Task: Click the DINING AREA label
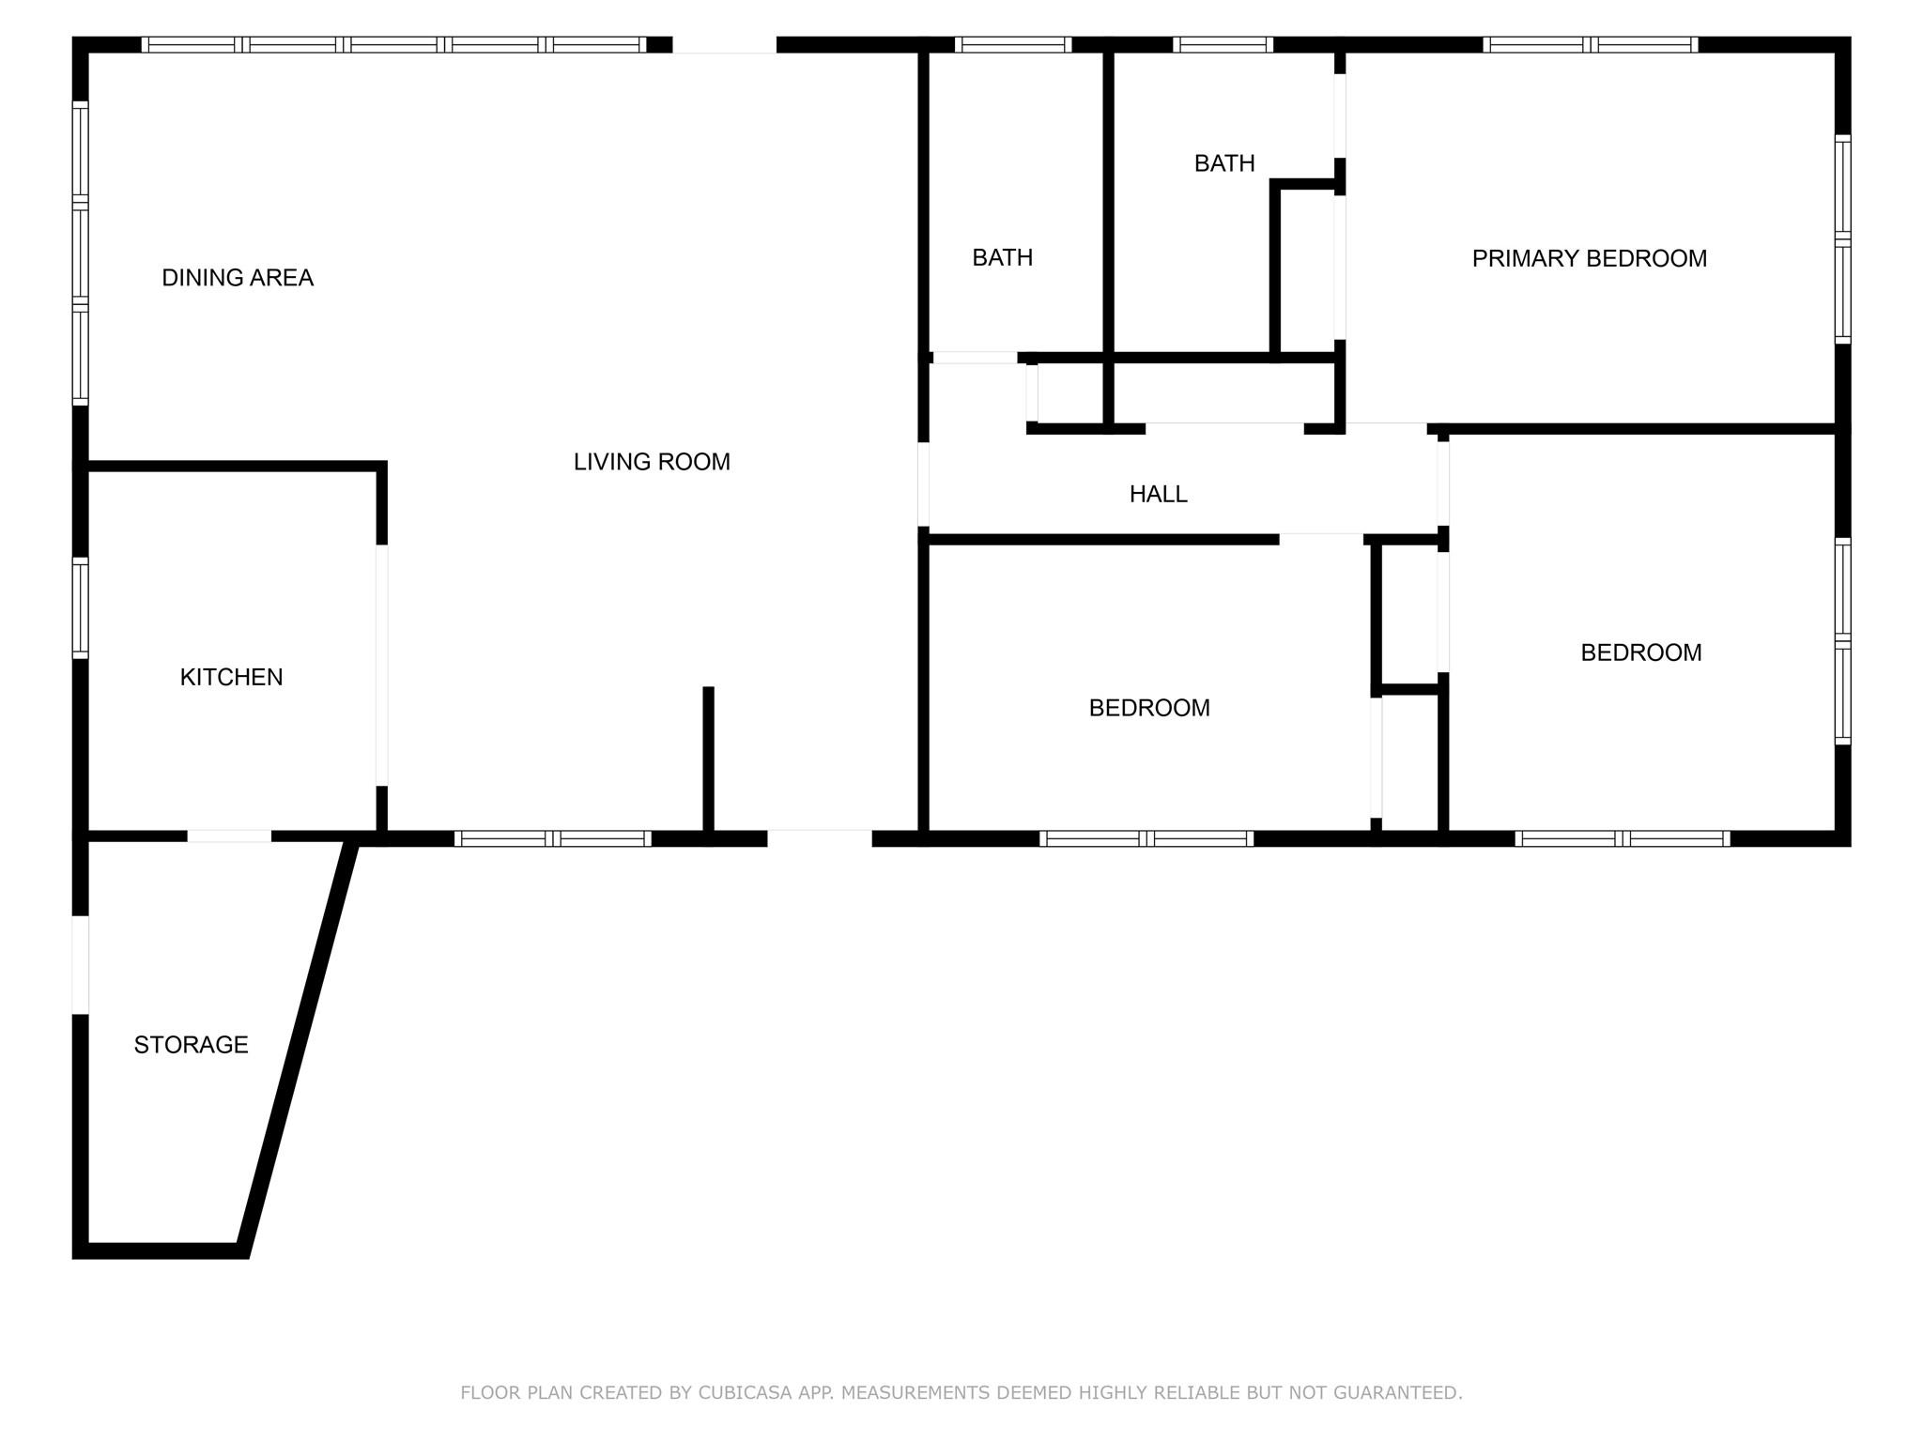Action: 238,278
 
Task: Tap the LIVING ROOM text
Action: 652,462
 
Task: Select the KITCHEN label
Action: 231,677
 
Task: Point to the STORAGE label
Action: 191,1045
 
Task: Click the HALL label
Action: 1158,494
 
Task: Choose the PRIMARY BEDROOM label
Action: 1589,258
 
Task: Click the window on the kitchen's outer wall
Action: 81,607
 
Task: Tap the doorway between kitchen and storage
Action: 229,836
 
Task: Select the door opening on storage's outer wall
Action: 81,964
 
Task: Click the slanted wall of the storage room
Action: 298,1047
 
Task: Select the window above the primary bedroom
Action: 1591,44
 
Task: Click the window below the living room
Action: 553,838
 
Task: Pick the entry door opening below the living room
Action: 820,838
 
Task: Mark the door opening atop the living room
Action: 725,44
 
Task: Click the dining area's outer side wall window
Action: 81,253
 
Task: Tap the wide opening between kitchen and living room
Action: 382,665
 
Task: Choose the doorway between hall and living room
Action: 923,484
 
